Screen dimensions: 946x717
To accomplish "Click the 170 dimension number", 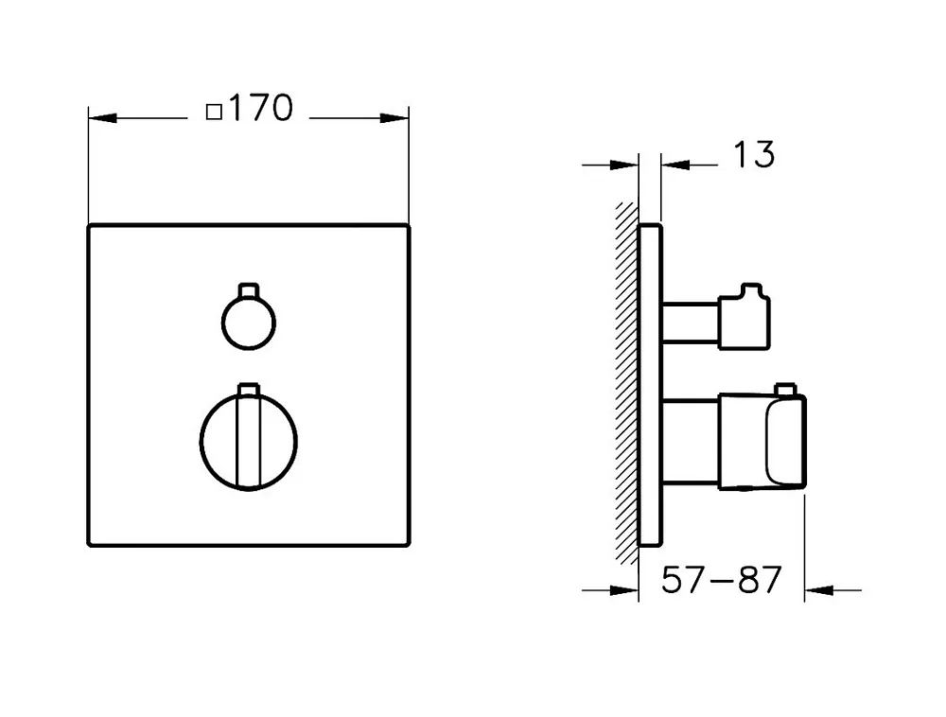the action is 261,109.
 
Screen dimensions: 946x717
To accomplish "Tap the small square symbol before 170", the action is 214,113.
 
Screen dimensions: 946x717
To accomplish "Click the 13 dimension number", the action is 754,154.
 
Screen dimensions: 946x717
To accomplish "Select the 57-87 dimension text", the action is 721,580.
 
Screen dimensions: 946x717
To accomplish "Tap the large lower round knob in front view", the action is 201,442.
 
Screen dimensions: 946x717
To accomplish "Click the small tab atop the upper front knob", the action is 249,290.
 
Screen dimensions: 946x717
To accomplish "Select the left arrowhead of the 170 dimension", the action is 102,118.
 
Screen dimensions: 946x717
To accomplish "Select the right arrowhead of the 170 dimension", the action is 394,118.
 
